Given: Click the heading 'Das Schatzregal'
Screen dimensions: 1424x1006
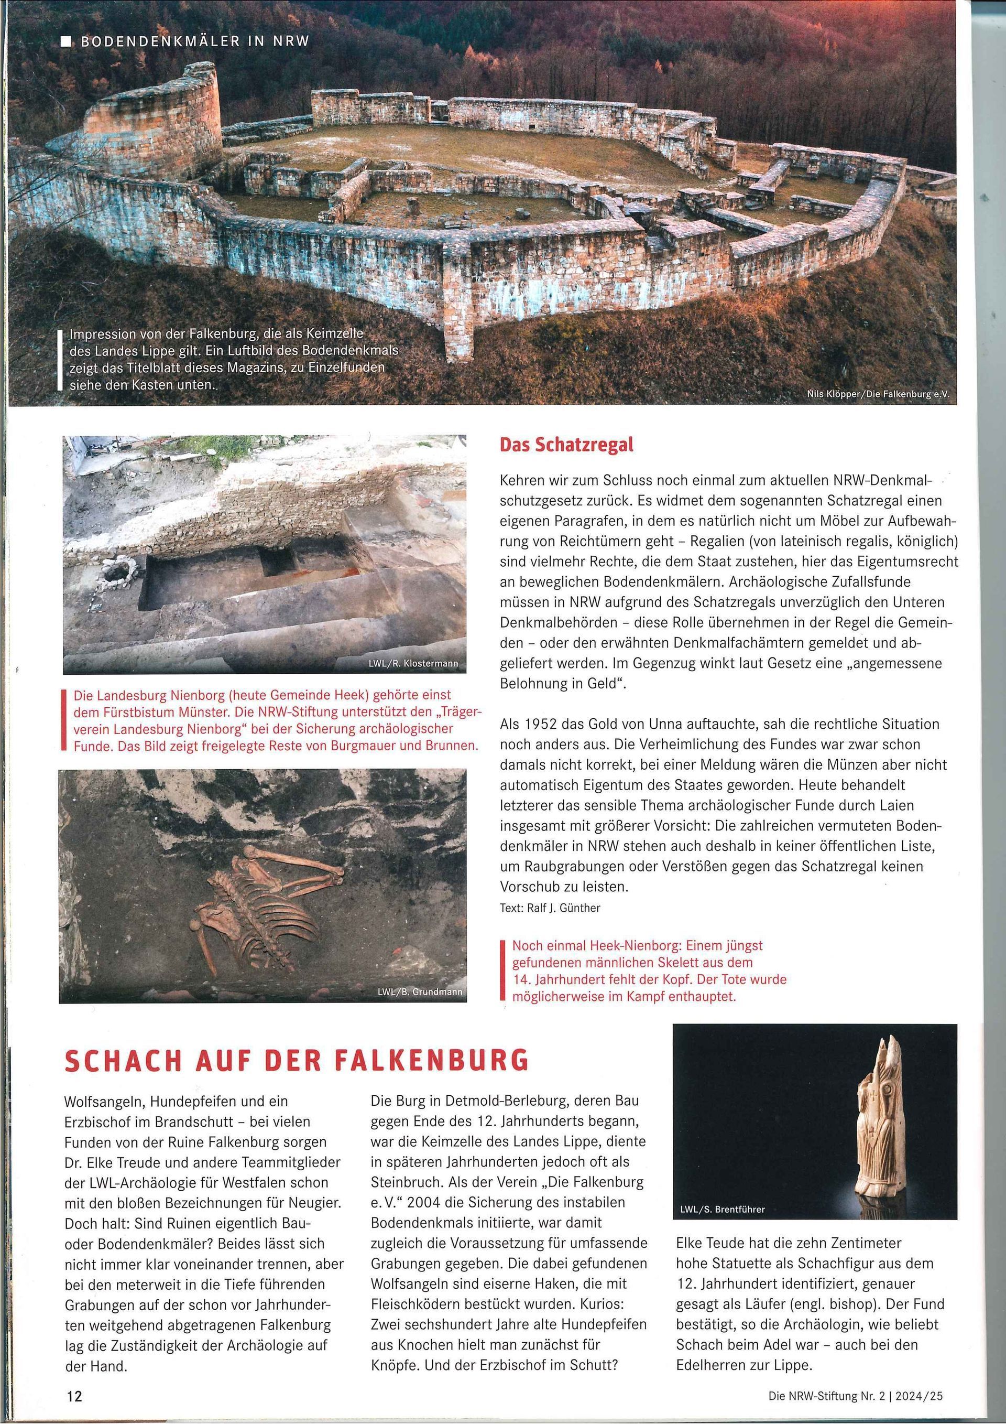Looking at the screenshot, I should [x=566, y=445].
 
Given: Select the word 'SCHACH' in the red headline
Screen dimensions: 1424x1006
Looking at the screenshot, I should [x=122, y=1061].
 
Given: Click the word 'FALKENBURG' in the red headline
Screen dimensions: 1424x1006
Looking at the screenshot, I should [x=431, y=1061].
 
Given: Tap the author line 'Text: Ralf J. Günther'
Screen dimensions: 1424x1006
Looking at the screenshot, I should [x=550, y=908].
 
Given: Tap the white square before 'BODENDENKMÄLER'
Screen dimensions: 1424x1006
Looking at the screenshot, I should [x=65, y=41].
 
